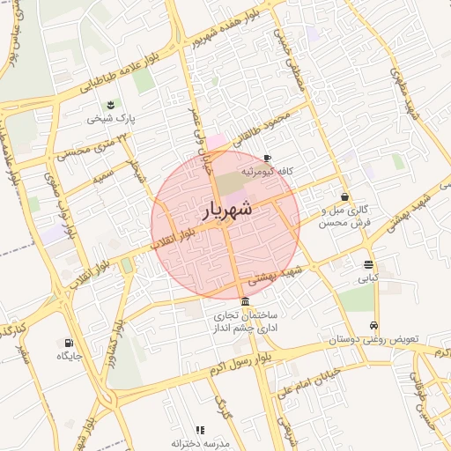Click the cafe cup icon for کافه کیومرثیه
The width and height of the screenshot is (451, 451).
pyautogui.click(x=267, y=158)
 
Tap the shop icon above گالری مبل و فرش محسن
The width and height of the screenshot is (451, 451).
pyautogui.click(x=344, y=197)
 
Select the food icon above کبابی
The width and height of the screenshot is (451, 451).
pyautogui.click(x=367, y=264)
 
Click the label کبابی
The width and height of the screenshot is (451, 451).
pyautogui.click(x=366, y=278)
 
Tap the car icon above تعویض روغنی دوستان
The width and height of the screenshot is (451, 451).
pyautogui.click(x=374, y=325)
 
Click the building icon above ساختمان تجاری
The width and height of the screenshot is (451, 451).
pyautogui.click(x=244, y=301)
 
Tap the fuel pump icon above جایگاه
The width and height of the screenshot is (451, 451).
pyautogui.click(x=69, y=343)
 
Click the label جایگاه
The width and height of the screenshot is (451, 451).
pyautogui.click(x=70, y=357)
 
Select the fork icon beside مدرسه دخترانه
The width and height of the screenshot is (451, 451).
pyautogui.click(x=200, y=430)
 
